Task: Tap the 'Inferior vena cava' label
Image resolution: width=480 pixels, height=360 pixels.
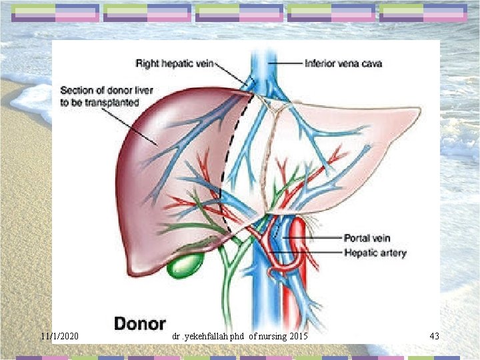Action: [343, 64]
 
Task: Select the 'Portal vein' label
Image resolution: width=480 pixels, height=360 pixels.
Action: [367, 238]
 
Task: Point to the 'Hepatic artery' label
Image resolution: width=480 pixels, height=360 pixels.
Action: [375, 253]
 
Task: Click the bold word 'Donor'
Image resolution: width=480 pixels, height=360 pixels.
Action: [139, 323]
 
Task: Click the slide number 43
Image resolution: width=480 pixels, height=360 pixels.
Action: [434, 336]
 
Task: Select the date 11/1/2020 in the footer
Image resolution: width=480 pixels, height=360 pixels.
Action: [59, 336]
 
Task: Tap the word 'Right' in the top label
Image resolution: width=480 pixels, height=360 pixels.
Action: [147, 64]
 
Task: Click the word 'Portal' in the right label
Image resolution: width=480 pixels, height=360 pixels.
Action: [356, 238]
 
